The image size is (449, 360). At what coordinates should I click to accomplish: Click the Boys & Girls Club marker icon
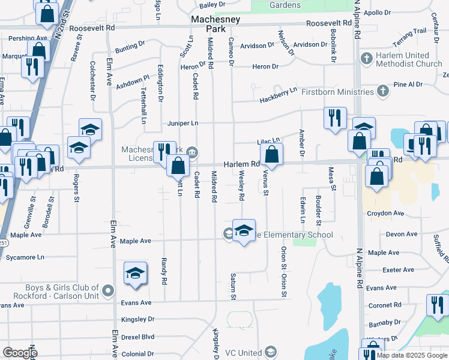pyautogui.click(x=109, y=291)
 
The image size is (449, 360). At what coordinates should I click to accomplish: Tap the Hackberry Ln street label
pyautogui.click(x=279, y=93)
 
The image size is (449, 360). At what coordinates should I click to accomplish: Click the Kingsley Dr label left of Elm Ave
pyautogui.click(x=137, y=319)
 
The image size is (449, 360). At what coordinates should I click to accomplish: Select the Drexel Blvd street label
pyautogui.click(x=139, y=337)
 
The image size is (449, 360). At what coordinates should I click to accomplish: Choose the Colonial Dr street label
pyautogui.click(x=137, y=354)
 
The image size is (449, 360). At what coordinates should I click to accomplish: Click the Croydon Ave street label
pyautogui.click(x=385, y=213)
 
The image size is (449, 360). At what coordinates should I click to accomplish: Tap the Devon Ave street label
pyautogui.click(x=402, y=234)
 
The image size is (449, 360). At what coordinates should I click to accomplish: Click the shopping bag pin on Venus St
pyautogui.click(x=272, y=154)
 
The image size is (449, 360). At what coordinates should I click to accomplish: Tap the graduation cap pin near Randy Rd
pyautogui.click(x=136, y=273)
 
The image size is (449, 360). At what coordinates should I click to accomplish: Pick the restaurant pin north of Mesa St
pyautogui.click(x=335, y=118)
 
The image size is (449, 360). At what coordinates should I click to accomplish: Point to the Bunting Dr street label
pyautogui.click(x=130, y=45)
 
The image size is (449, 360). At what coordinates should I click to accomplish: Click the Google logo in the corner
pyautogui.click(x=20, y=352)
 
